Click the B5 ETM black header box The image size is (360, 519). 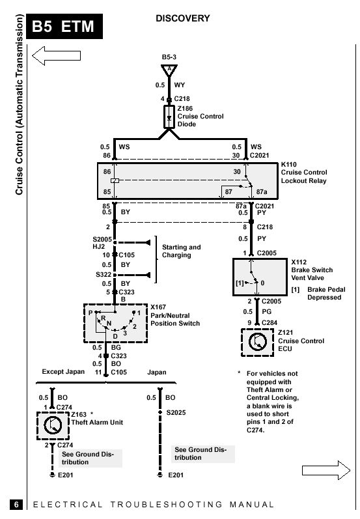[64, 26]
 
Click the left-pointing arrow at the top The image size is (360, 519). [56, 55]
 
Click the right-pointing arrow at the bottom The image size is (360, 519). [326, 470]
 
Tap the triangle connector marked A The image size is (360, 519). [169, 70]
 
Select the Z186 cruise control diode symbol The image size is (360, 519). [169, 117]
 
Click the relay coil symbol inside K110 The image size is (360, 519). [115, 181]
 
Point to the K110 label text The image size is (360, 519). [289, 165]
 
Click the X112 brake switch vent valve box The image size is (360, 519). [260, 277]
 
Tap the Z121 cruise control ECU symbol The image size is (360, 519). [257, 343]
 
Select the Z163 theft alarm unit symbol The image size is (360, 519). [53, 426]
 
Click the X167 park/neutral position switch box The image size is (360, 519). [115, 323]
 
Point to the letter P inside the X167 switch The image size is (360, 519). [90, 313]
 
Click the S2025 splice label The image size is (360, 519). [176, 412]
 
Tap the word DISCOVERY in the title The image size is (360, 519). [183, 18]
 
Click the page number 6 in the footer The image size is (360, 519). [16, 505]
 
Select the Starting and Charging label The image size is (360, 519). [182, 251]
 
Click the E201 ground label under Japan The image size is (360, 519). [176, 475]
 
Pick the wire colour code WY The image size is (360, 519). [179, 85]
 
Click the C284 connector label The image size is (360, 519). [270, 323]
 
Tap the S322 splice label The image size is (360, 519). [104, 274]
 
